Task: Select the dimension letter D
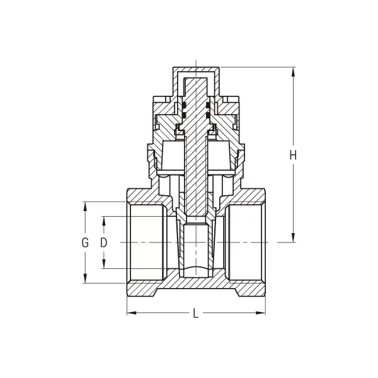105,243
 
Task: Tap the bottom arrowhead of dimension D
105,265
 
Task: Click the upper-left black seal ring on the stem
185,105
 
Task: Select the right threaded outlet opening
246,243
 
